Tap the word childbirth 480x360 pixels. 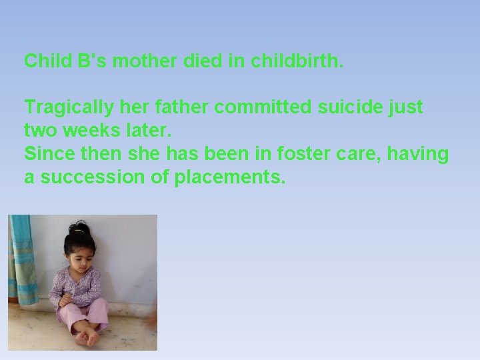[x=297, y=61]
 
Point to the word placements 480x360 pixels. [x=230, y=177]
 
